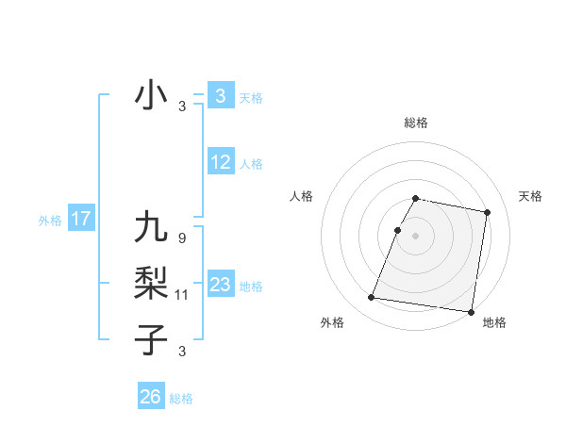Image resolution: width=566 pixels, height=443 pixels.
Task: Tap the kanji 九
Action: pos(151,228)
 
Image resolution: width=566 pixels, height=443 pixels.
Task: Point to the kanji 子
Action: pos(151,338)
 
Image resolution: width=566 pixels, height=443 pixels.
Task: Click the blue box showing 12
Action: pos(221,162)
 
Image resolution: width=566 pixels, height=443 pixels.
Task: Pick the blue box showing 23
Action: pos(221,285)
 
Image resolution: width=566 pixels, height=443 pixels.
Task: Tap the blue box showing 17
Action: pos(80,220)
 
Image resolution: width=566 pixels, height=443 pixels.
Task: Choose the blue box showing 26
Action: pos(151,397)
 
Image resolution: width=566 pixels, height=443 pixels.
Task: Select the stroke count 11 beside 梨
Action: pos(182,295)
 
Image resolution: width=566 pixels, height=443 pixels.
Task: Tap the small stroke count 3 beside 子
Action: pos(181,352)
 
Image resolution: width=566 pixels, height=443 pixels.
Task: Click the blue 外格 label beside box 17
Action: pos(50,221)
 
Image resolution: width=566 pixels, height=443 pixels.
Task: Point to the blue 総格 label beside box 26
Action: pos(181,399)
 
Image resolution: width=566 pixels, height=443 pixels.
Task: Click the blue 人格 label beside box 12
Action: pos(251,164)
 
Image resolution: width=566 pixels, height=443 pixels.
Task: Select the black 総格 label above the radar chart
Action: pos(416,123)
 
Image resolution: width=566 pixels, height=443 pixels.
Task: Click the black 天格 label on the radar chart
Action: pos(531,196)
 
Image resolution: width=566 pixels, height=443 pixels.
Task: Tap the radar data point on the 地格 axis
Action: pos(470,311)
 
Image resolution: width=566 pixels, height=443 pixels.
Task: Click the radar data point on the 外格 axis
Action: pos(372,298)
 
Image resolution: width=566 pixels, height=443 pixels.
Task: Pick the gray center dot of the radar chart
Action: pos(415,236)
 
